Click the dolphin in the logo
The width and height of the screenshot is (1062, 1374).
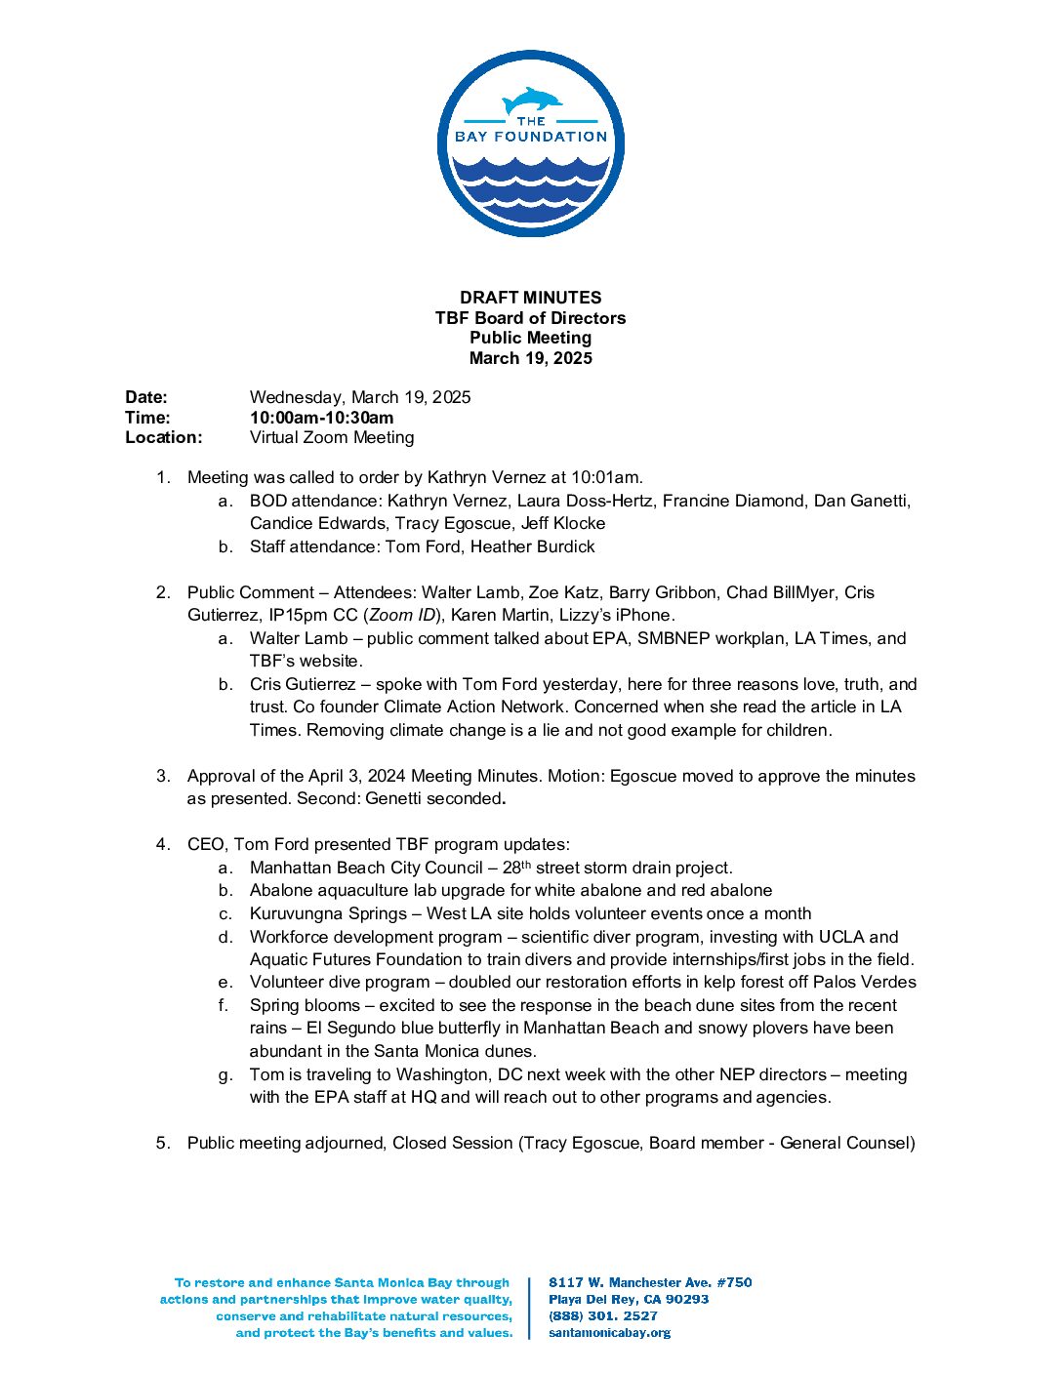click(x=532, y=101)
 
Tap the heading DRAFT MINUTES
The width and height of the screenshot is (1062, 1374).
click(x=530, y=298)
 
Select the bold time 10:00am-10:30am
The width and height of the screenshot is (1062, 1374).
click(x=321, y=418)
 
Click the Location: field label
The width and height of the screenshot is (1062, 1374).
click(x=163, y=437)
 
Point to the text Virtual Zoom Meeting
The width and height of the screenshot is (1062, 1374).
click(x=331, y=437)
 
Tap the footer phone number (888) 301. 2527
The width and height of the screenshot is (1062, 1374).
click(x=602, y=1315)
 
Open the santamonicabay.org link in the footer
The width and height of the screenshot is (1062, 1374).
click(x=609, y=1332)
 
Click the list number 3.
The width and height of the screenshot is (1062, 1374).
click(x=163, y=776)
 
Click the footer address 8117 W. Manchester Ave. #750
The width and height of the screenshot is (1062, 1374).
click(x=650, y=1282)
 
